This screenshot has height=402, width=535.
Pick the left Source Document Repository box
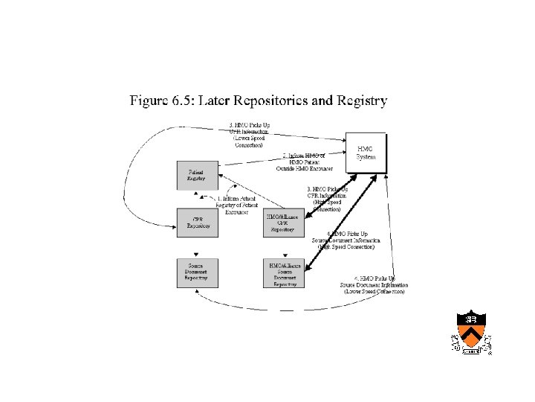(x=197, y=272)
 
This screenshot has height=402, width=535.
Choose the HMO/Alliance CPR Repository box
(x=284, y=223)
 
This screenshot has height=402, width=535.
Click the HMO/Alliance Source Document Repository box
(x=284, y=273)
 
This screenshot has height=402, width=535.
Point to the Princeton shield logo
(x=471, y=332)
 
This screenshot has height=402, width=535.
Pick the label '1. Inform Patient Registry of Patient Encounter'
(x=236, y=205)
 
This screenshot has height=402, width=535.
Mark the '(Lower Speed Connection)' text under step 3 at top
(x=247, y=141)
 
